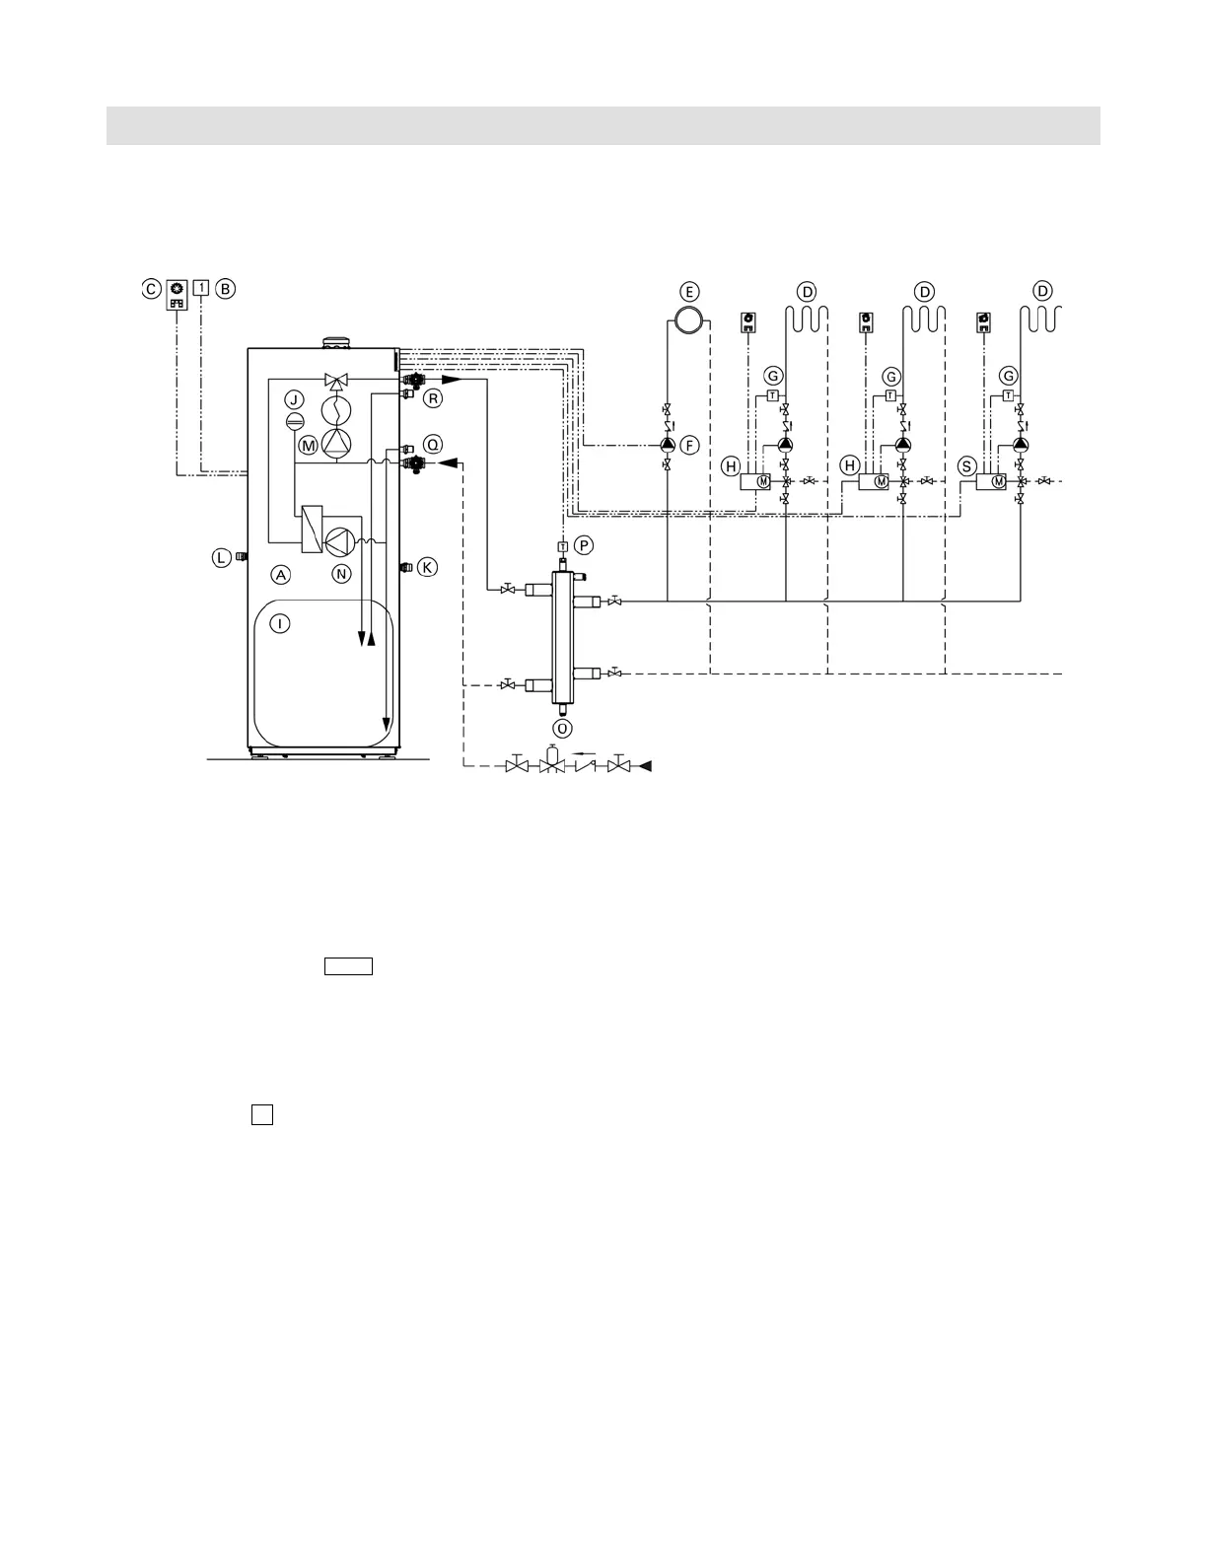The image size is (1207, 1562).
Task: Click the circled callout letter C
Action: point(150,289)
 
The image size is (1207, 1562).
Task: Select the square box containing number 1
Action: point(201,288)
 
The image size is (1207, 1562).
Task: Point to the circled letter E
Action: point(689,292)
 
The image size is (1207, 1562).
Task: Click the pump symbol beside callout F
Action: point(668,445)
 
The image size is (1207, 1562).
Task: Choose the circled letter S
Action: point(967,464)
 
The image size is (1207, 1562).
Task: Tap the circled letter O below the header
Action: point(561,728)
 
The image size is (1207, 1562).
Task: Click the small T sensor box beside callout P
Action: point(562,546)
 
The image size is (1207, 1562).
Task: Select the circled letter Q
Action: point(433,444)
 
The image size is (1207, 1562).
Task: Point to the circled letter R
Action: point(432,398)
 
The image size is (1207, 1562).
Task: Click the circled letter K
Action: point(426,567)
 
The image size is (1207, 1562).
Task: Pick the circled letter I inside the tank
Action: point(281,623)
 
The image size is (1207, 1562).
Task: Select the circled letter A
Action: point(281,574)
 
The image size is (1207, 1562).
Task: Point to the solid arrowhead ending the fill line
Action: point(645,765)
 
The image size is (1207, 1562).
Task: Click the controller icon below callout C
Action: point(177,296)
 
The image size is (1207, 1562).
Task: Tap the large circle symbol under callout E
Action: point(688,319)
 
